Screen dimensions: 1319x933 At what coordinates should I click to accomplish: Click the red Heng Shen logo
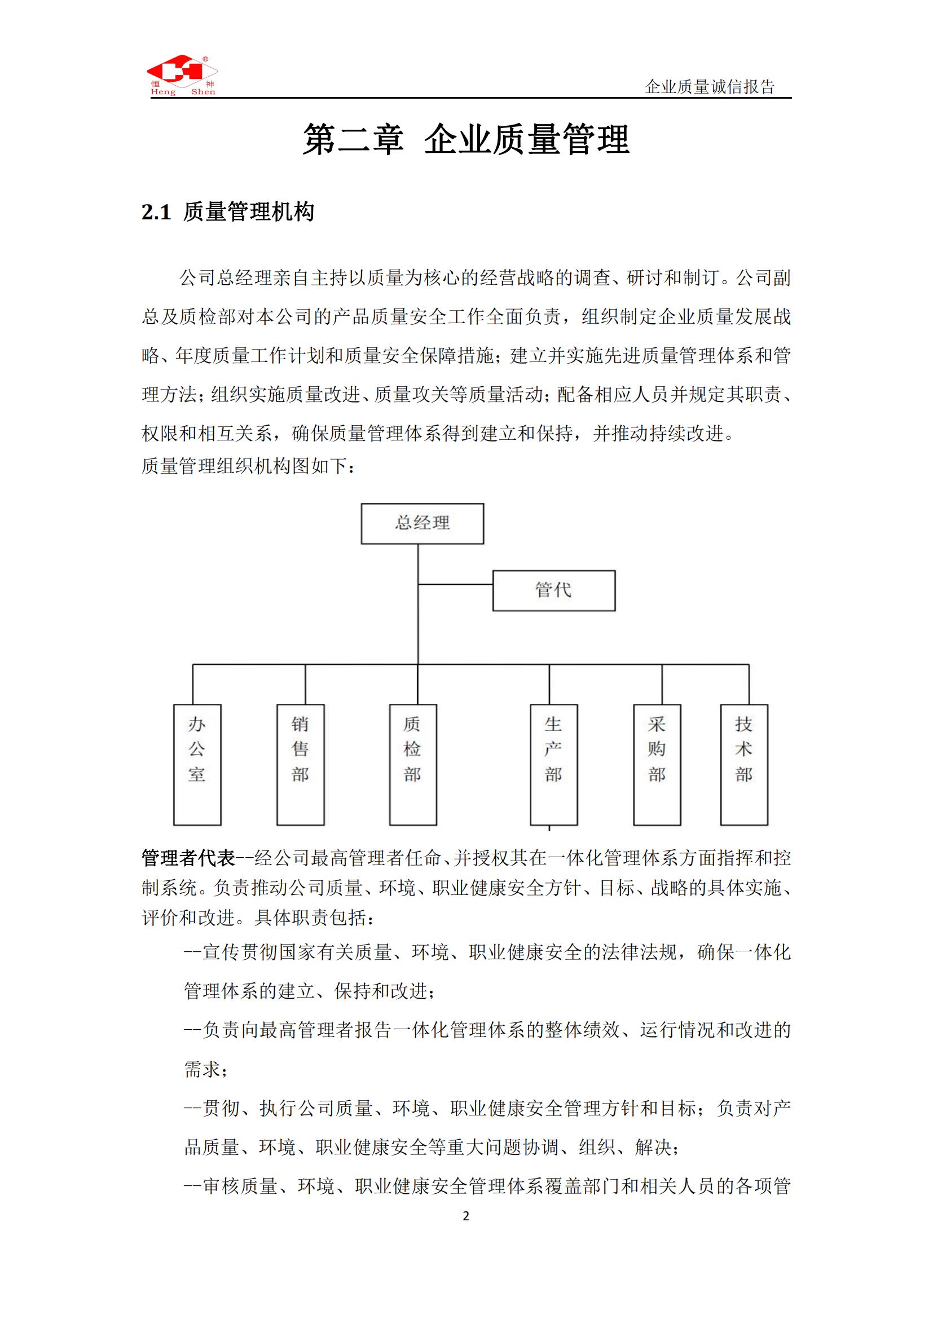point(182,70)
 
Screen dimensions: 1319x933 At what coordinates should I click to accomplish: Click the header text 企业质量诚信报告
point(710,87)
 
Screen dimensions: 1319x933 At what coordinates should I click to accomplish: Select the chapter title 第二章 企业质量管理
point(466,140)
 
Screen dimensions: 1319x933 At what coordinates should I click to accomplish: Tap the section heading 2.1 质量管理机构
point(228,213)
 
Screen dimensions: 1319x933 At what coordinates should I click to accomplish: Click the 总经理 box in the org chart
point(423,523)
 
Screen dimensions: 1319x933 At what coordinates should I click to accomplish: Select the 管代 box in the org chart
point(554,590)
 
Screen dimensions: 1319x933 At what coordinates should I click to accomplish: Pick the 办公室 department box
point(197,764)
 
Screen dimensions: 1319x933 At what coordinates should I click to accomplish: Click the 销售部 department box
point(301,764)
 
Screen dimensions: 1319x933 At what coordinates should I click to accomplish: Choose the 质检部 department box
point(413,764)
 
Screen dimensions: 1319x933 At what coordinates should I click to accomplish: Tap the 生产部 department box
point(553,764)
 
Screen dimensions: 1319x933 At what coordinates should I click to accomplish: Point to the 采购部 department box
point(657,764)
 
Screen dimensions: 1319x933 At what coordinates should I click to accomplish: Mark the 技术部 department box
point(744,764)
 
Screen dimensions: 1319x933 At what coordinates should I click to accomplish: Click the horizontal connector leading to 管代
point(455,584)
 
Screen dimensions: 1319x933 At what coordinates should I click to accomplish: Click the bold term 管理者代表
point(188,858)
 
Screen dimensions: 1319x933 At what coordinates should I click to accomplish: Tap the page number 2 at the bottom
point(466,1216)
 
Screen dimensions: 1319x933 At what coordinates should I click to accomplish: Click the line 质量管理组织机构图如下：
point(248,466)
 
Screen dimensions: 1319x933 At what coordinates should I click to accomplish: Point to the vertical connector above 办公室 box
point(192,684)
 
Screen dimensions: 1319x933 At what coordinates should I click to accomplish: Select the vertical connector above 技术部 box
point(749,684)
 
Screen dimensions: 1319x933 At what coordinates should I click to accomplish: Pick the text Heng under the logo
point(164,92)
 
